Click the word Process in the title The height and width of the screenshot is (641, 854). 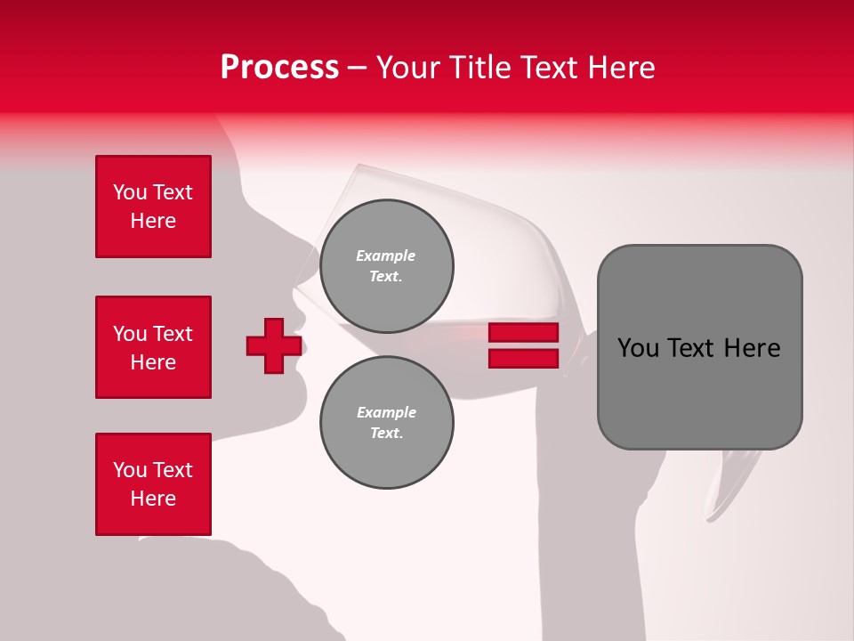pos(279,67)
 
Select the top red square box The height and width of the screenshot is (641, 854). pos(153,207)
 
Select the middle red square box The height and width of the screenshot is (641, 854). pos(153,347)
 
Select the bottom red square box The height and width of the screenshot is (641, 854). pos(153,484)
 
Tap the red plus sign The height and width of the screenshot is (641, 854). pos(274,345)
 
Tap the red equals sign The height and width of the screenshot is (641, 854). pos(523,345)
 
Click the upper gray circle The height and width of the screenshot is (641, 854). pos(386,265)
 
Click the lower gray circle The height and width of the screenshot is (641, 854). pos(386,422)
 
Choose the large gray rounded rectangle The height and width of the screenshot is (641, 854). pos(699,346)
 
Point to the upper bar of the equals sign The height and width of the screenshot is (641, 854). pos(523,333)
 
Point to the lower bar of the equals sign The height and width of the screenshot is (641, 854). pos(523,358)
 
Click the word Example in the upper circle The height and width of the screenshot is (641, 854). pos(386,256)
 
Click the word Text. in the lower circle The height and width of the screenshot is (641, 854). pos(386,434)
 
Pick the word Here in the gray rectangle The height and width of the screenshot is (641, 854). pos(752,348)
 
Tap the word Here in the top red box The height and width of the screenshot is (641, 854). pos(153,221)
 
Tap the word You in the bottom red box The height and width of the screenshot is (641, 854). pos(130,470)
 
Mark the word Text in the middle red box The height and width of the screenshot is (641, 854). pos(173,334)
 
